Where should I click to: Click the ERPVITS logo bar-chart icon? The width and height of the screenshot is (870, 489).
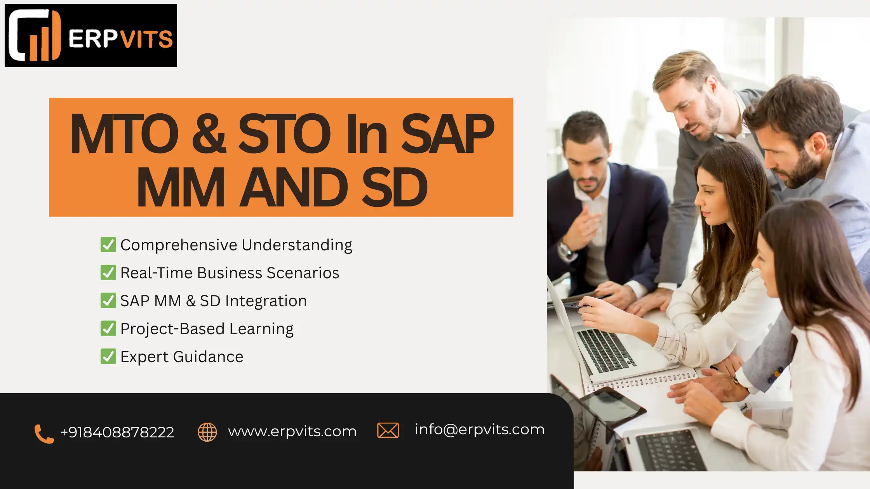pyautogui.click(x=35, y=35)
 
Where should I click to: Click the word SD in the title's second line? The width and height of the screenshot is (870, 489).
pyautogui.click(x=395, y=187)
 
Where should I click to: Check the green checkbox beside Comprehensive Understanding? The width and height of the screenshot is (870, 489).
pyautogui.click(x=108, y=244)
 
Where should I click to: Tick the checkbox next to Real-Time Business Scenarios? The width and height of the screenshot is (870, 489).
pyautogui.click(x=108, y=272)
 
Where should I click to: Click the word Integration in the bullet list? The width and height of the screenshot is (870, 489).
pyautogui.click(x=266, y=301)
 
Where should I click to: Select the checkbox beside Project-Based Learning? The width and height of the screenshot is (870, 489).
pyautogui.click(x=108, y=328)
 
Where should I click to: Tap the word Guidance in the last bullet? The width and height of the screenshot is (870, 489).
pyautogui.click(x=208, y=357)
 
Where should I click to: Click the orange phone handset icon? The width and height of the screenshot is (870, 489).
pyautogui.click(x=44, y=434)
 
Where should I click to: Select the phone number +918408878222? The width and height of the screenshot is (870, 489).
pyautogui.click(x=117, y=432)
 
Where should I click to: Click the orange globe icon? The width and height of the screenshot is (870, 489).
pyautogui.click(x=207, y=432)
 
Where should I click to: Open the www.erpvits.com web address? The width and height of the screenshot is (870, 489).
pyautogui.click(x=292, y=432)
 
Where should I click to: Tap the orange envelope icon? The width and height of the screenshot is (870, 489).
pyautogui.click(x=388, y=430)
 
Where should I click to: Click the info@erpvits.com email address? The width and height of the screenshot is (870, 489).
pyautogui.click(x=480, y=430)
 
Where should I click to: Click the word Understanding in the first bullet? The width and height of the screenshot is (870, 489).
pyautogui.click(x=297, y=245)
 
